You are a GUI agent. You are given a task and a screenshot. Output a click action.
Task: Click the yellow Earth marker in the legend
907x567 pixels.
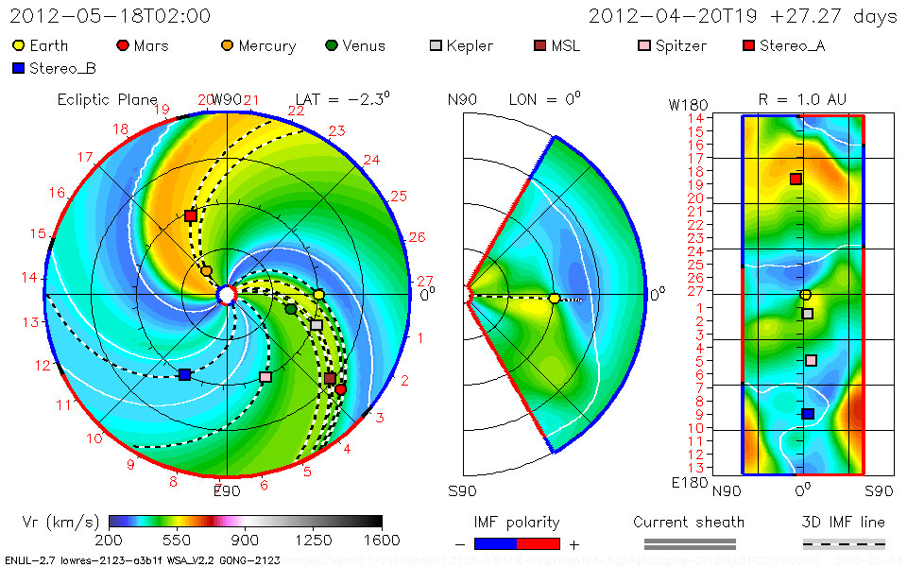click(x=19, y=45)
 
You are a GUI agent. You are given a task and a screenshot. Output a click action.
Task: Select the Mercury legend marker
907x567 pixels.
click(x=228, y=45)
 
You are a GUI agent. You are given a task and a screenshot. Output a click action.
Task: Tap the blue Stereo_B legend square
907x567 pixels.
click(x=19, y=68)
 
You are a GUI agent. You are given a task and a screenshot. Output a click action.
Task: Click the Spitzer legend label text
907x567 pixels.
click(x=680, y=45)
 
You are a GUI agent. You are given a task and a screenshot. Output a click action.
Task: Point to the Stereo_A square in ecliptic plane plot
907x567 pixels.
click(x=191, y=215)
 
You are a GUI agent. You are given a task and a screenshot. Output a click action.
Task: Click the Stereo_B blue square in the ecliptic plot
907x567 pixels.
click(x=184, y=375)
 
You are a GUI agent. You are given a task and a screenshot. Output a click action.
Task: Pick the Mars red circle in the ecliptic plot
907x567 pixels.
click(x=340, y=389)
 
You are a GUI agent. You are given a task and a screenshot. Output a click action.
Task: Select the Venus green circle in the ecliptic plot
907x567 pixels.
click(x=291, y=309)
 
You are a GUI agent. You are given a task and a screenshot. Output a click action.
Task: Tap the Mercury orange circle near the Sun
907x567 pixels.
click(x=206, y=271)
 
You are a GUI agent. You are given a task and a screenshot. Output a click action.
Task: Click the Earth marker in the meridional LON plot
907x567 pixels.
click(x=555, y=299)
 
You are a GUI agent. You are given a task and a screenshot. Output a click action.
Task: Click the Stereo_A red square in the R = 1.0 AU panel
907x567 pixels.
click(x=796, y=179)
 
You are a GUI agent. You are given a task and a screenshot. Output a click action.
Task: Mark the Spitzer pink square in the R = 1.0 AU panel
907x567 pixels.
click(x=811, y=360)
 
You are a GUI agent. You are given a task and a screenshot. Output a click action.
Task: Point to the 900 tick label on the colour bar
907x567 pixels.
click(x=246, y=540)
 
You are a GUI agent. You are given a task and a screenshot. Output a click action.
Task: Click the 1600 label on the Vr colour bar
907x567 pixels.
click(x=382, y=540)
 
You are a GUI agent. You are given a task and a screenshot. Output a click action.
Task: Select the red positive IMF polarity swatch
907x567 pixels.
click(x=539, y=543)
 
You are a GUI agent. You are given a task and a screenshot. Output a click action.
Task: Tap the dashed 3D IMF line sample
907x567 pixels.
click(x=844, y=543)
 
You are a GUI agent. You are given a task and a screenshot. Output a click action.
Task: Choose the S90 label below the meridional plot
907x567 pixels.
click(x=462, y=491)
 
